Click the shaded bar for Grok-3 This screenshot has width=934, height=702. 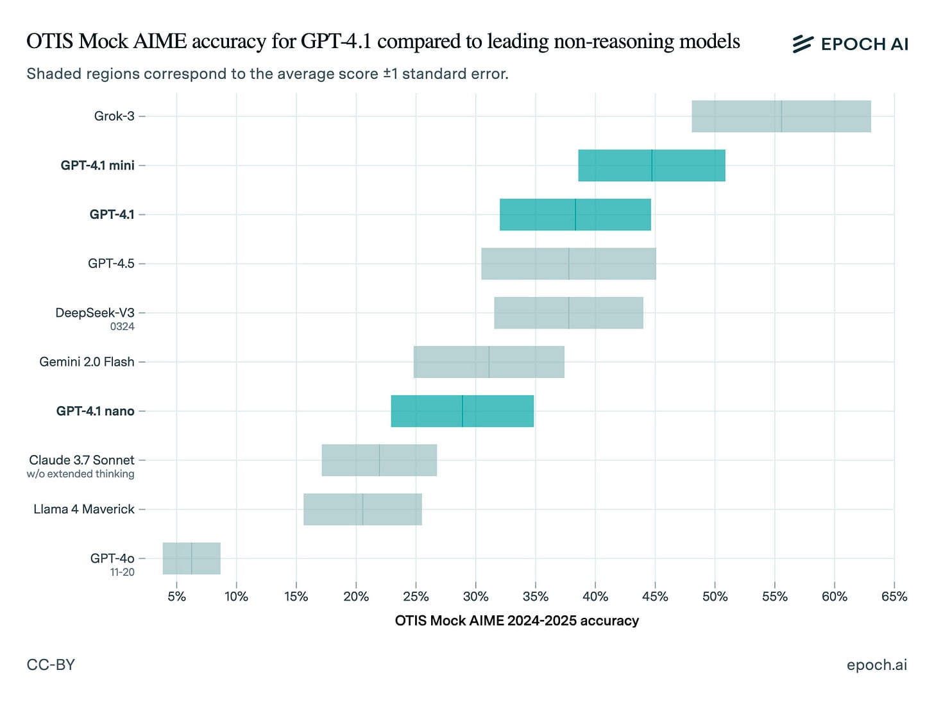(781, 116)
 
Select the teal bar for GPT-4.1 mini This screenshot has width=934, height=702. (652, 166)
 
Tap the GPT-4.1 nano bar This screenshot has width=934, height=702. (462, 411)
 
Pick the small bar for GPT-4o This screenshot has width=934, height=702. (191, 558)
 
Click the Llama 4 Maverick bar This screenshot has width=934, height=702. (362, 509)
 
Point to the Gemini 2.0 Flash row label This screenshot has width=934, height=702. (87, 362)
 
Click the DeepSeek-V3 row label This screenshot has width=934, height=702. (95, 312)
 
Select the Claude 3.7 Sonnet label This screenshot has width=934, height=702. (81, 460)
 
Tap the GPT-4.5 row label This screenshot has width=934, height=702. (111, 263)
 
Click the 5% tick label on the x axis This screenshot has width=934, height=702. (176, 597)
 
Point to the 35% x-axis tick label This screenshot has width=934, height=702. (535, 597)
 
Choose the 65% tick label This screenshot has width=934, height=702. (894, 597)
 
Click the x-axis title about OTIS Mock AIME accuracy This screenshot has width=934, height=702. (516, 621)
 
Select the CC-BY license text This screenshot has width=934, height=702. (51, 665)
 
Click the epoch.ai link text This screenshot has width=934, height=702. (877, 665)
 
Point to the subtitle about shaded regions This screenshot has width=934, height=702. (267, 74)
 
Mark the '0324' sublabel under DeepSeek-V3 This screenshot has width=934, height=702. (122, 327)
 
